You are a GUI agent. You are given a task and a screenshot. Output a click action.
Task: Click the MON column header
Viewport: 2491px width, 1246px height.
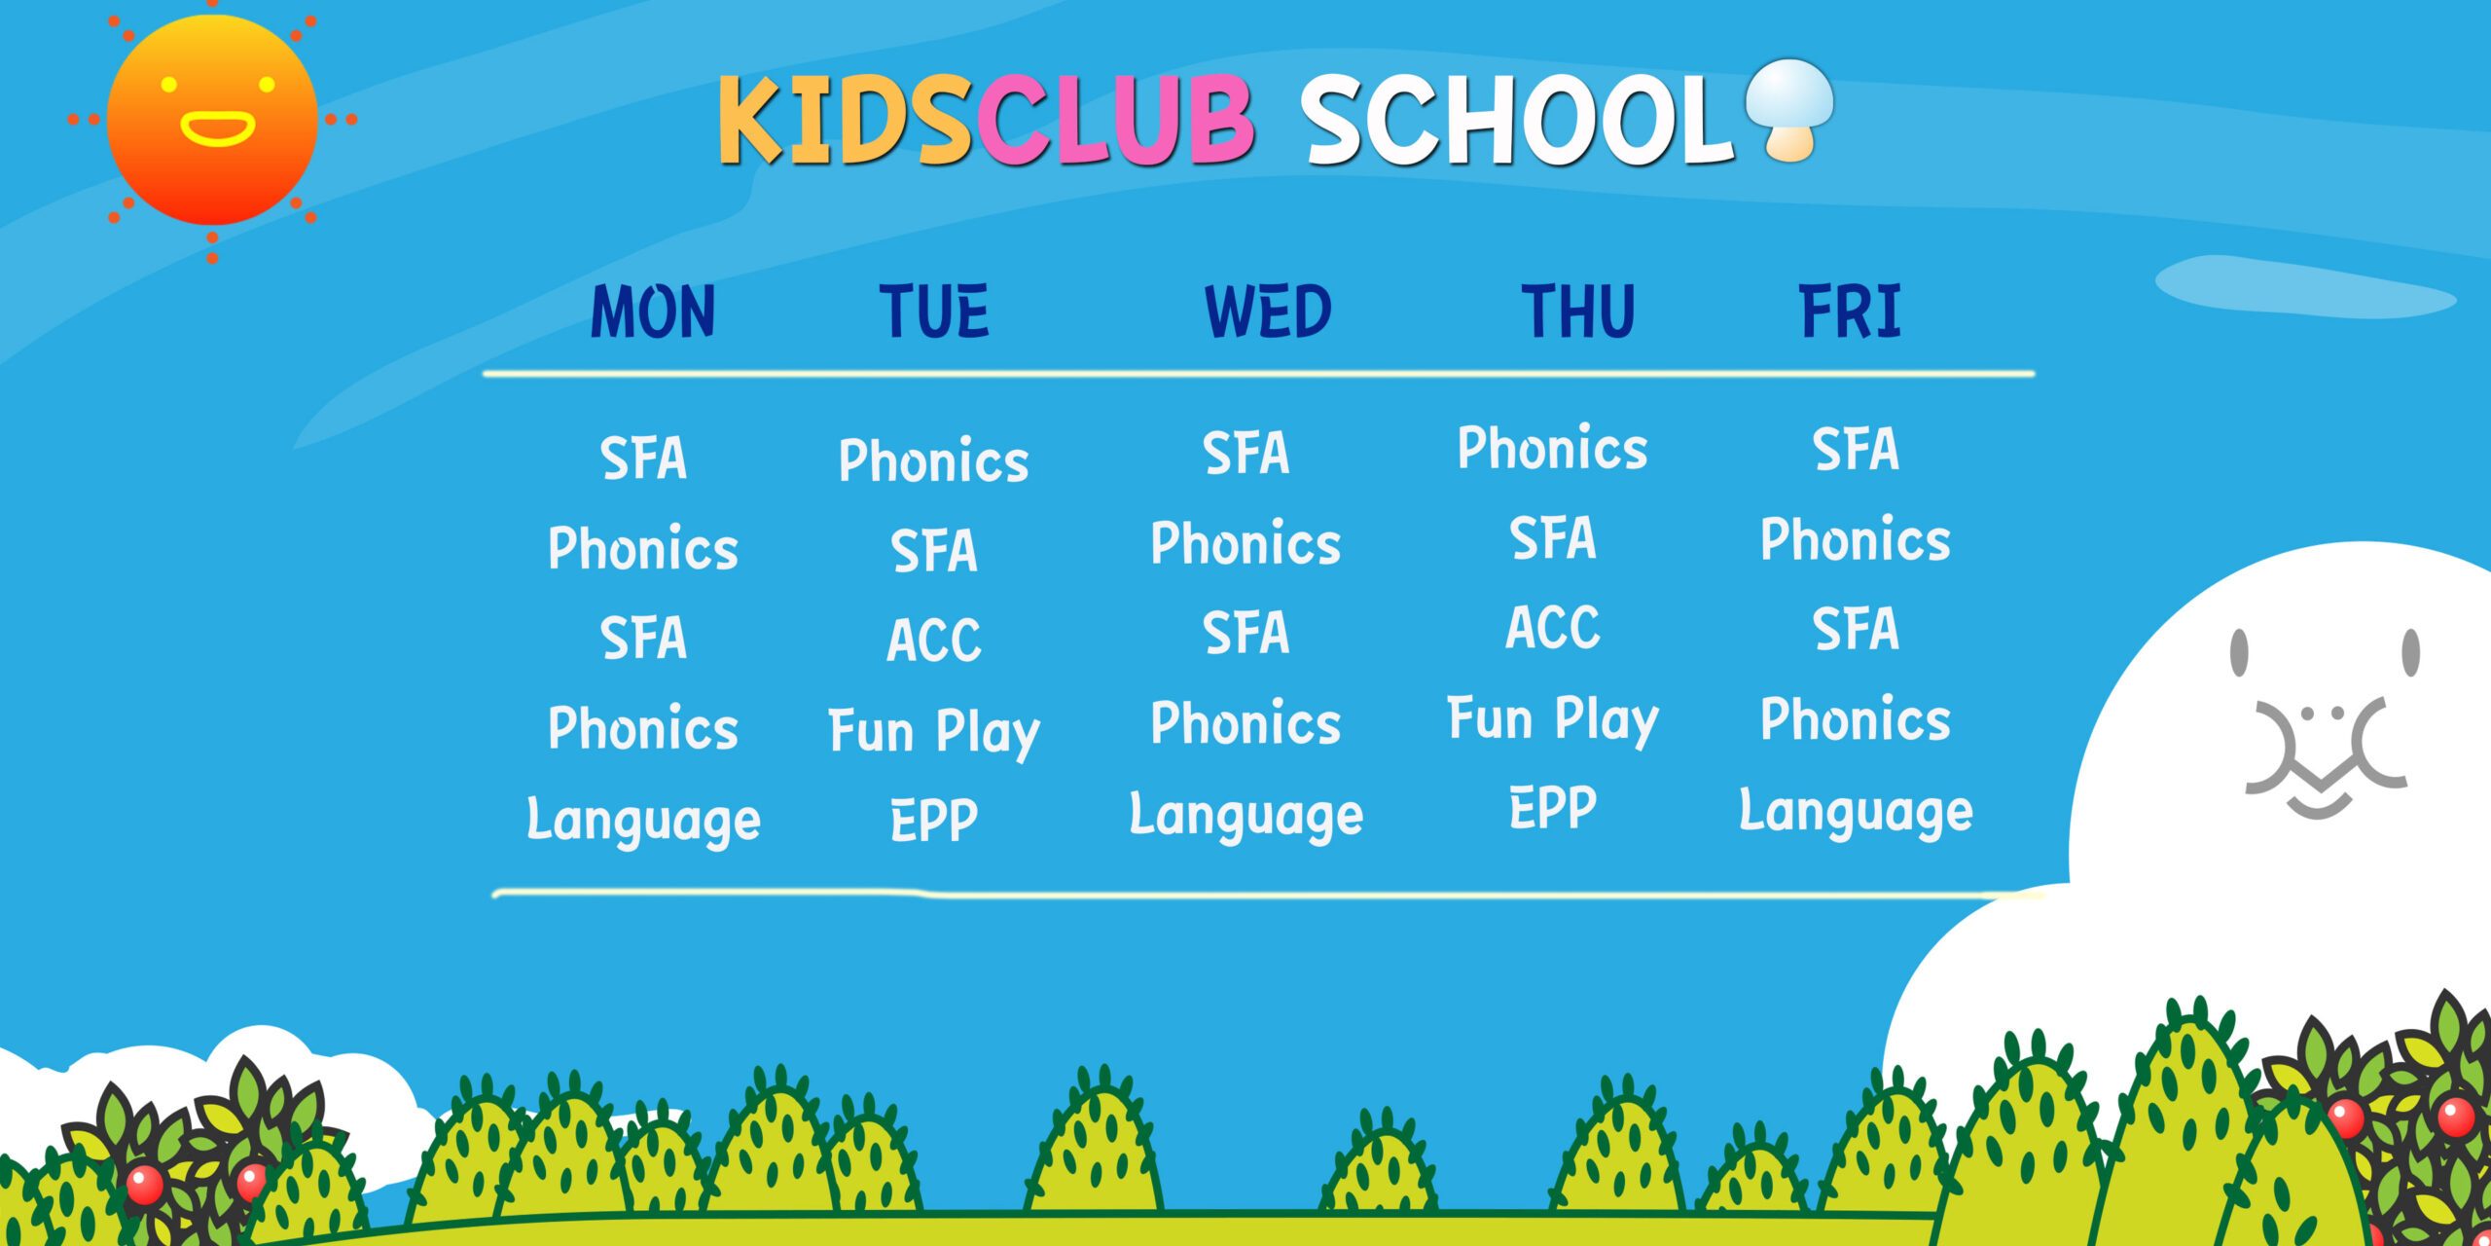(653, 311)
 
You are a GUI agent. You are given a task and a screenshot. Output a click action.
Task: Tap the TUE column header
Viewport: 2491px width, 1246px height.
(934, 311)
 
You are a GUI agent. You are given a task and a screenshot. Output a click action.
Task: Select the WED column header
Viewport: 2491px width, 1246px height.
(1268, 311)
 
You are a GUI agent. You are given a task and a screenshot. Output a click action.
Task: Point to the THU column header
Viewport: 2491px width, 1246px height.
(1578, 311)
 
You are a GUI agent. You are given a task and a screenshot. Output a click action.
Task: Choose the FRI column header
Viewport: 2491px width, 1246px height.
(1850, 311)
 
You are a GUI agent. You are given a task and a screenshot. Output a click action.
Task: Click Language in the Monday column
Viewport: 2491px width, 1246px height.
(643, 820)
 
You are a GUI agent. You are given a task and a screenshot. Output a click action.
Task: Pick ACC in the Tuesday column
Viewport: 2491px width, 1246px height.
(934, 640)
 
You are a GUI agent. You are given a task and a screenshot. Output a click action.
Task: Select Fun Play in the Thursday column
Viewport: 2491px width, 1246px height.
(1553, 719)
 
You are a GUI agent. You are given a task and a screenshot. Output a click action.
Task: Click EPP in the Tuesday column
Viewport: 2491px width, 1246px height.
(934, 820)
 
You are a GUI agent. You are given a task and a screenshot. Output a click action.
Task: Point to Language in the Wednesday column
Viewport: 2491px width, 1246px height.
(1246, 815)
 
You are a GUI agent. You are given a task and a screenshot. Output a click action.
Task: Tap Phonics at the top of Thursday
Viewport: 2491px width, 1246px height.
(1553, 448)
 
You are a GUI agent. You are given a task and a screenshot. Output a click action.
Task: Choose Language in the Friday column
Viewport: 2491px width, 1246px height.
(1857, 811)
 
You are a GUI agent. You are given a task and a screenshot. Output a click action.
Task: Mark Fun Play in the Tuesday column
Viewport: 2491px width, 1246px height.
(934, 732)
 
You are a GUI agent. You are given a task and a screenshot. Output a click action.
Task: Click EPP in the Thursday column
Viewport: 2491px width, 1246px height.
(1553, 807)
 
